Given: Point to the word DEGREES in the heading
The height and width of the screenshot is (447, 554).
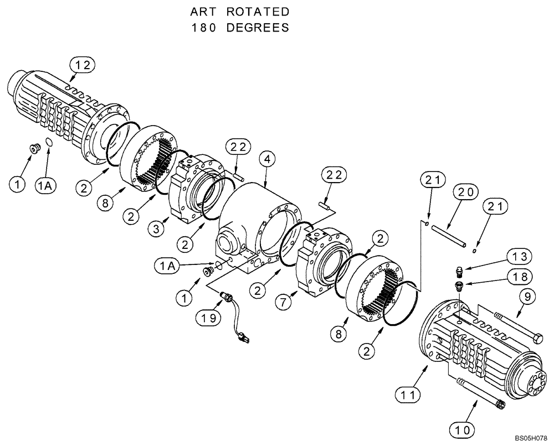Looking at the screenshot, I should click(257, 28).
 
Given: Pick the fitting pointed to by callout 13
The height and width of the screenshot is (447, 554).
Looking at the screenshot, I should click(458, 271).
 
